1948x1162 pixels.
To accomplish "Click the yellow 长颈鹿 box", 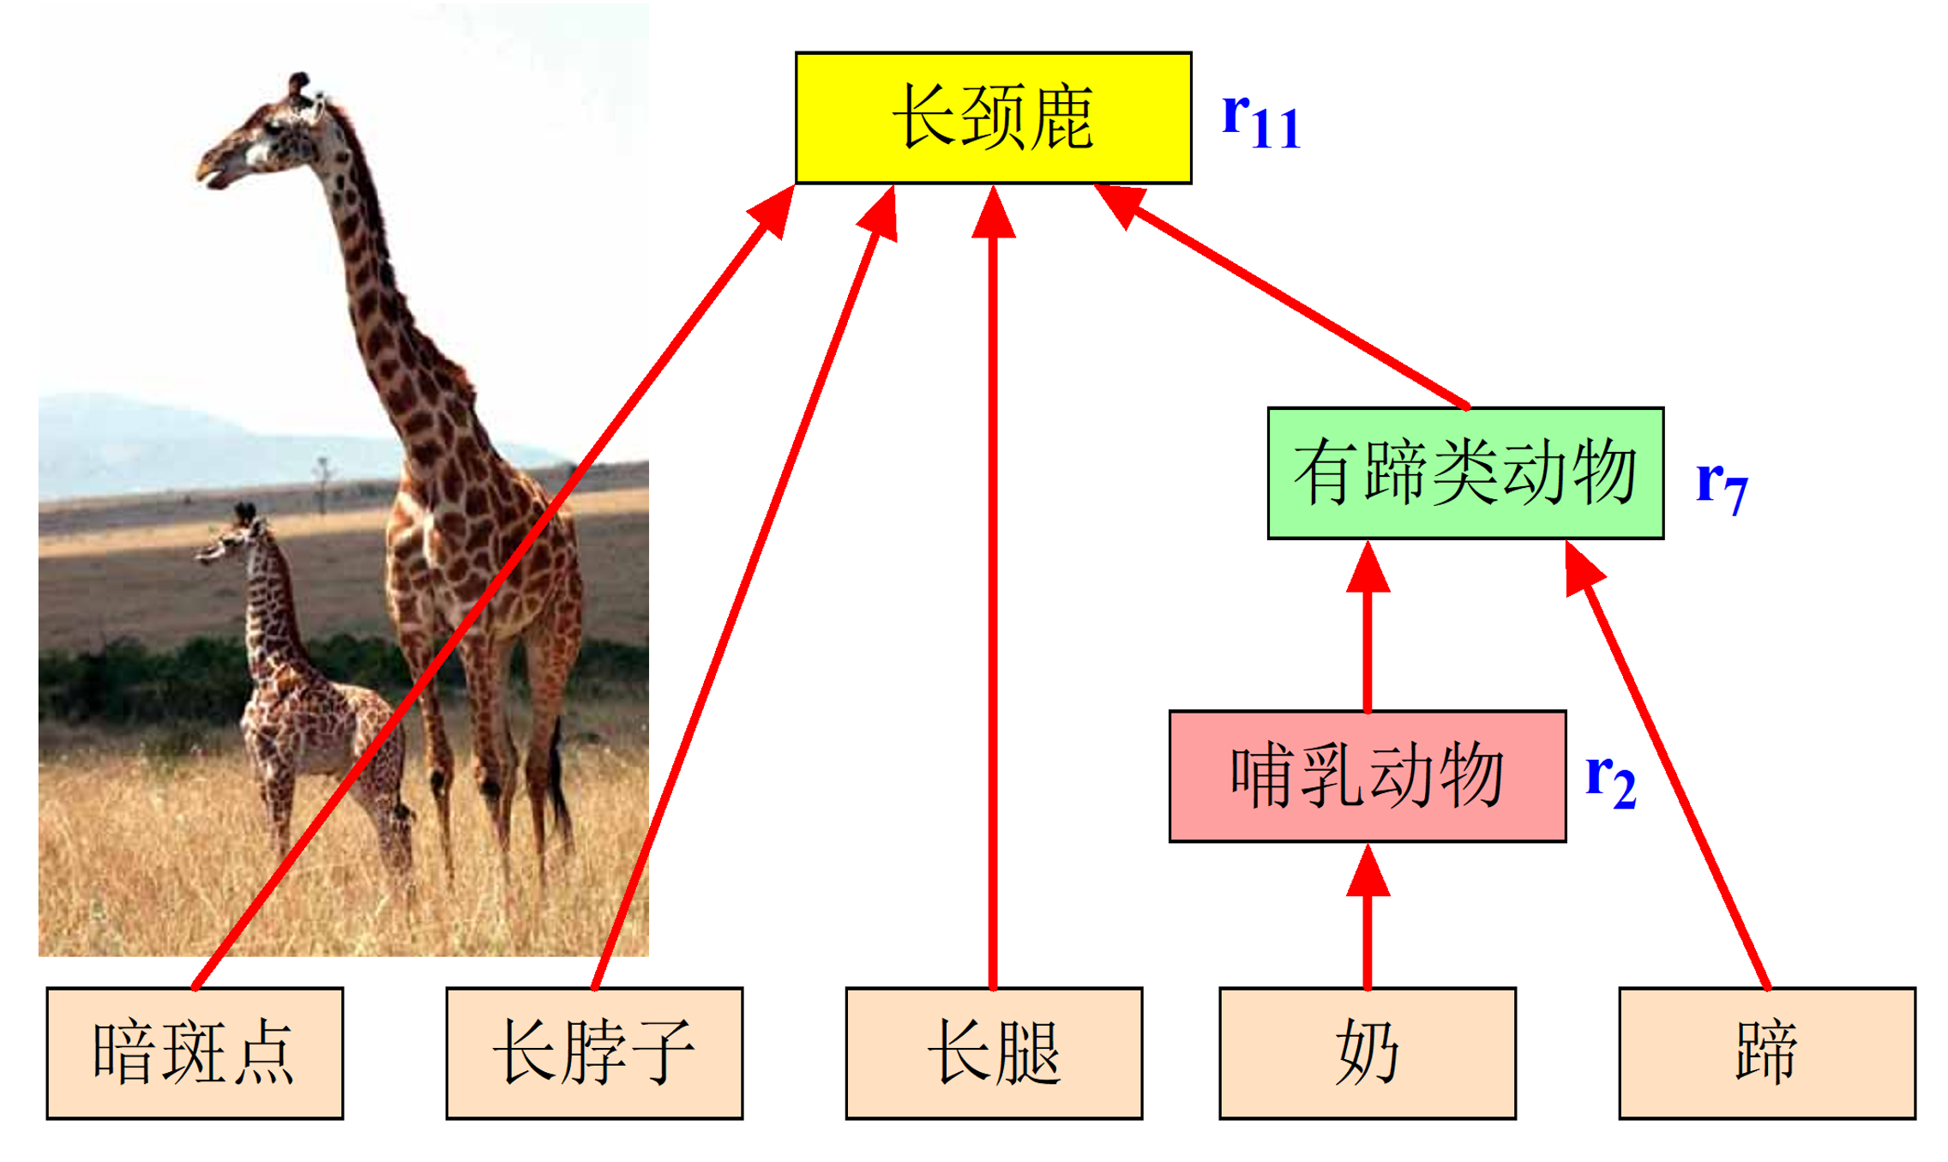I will [x=993, y=117].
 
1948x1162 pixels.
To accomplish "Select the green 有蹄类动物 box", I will [x=1464, y=473].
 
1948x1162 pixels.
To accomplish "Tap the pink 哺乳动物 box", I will [x=1367, y=776].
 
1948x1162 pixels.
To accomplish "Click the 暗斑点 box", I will [x=195, y=1052].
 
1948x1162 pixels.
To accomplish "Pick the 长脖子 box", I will [x=594, y=1052].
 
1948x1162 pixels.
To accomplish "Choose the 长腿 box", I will [x=993, y=1052].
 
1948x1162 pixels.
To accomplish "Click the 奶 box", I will [x=1367, y=1052].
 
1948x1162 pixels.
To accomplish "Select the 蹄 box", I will [x=1766, y=1052].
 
